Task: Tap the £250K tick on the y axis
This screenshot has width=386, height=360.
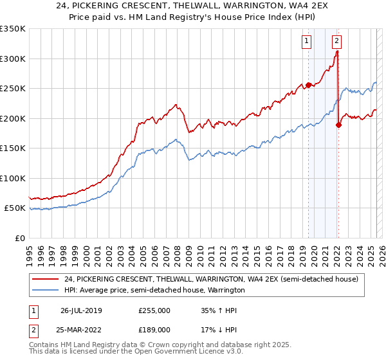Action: [x=13, y=89]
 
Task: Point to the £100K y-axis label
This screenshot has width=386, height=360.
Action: [x=13, y=178]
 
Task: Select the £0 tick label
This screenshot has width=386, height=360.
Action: [x=19, y=238]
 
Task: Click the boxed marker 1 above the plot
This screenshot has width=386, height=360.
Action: [x=306, y=41]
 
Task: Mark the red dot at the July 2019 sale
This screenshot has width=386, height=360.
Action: [x=308, y=85]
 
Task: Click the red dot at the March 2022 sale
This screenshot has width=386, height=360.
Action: [x=338, y=125]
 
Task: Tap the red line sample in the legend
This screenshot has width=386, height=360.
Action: [x=46, y=279]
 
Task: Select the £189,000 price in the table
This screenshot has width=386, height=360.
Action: [x=154, y=330]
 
